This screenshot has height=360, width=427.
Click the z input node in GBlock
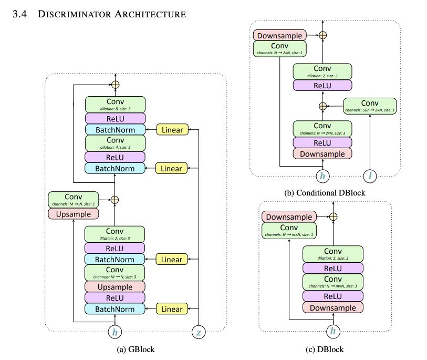(199, 332)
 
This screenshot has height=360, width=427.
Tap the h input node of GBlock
(115, 332)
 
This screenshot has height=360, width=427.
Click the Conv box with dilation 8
(114, 104)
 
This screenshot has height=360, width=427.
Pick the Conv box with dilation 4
(114, 142)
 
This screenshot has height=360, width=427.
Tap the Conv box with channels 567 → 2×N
(370, 106)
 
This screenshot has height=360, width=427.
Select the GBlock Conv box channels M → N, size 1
(73, 200)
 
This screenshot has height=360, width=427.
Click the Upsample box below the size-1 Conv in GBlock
(73, 214)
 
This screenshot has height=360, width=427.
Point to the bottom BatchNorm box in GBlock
(114, 309)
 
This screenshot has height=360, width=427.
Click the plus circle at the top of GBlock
(114, 84)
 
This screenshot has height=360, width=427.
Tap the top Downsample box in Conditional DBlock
(280, 36)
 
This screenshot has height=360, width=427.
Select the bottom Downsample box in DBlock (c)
(332, 308)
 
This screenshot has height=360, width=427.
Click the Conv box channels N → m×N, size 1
(288, 230)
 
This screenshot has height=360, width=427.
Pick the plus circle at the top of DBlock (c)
(332, 216)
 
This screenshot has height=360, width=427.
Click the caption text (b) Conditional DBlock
(324, 193)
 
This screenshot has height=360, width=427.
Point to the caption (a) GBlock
(136, 349)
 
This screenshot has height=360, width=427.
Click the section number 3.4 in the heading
(19, 14)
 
